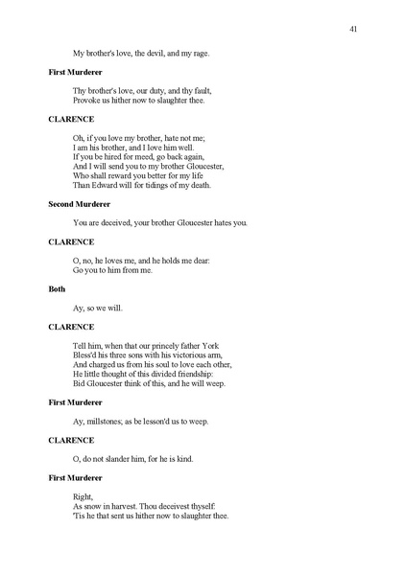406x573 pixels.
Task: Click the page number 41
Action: coord(354,30)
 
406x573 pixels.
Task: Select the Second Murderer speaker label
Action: coord(80,203)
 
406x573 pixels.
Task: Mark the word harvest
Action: coord(124,506)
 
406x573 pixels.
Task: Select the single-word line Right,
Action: coord(84,496)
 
